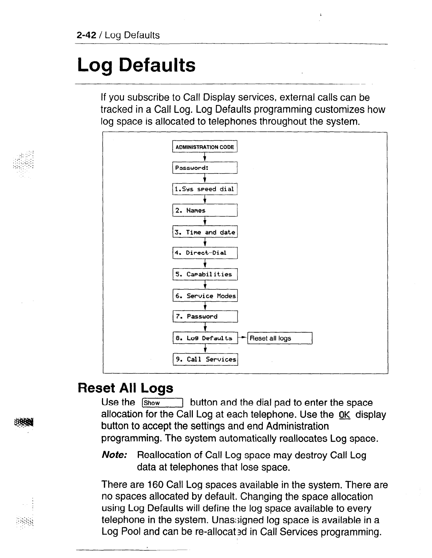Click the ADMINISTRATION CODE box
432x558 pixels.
tap(205, 147)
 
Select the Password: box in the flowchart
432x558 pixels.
tap(205, 168)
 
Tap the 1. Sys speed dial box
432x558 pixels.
tap(205, 189)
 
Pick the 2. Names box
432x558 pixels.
tap(205, 210)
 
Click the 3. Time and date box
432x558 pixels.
tap(205, 232)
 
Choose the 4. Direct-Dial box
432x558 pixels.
tap(205, 253)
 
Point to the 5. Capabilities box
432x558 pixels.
tap(205, 274)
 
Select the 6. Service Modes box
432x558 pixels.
tap(205, 296)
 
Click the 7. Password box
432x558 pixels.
tap(205, 317)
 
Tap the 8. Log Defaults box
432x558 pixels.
tap(205, 338)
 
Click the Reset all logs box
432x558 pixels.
tap(280, 338)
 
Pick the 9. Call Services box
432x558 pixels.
tap(205, 359)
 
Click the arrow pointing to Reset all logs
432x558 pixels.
tap(243, 338)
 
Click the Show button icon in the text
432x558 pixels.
tap(162, 403)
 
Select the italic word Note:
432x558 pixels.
tap(114, 455)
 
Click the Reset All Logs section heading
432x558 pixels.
tap(125, 388)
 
